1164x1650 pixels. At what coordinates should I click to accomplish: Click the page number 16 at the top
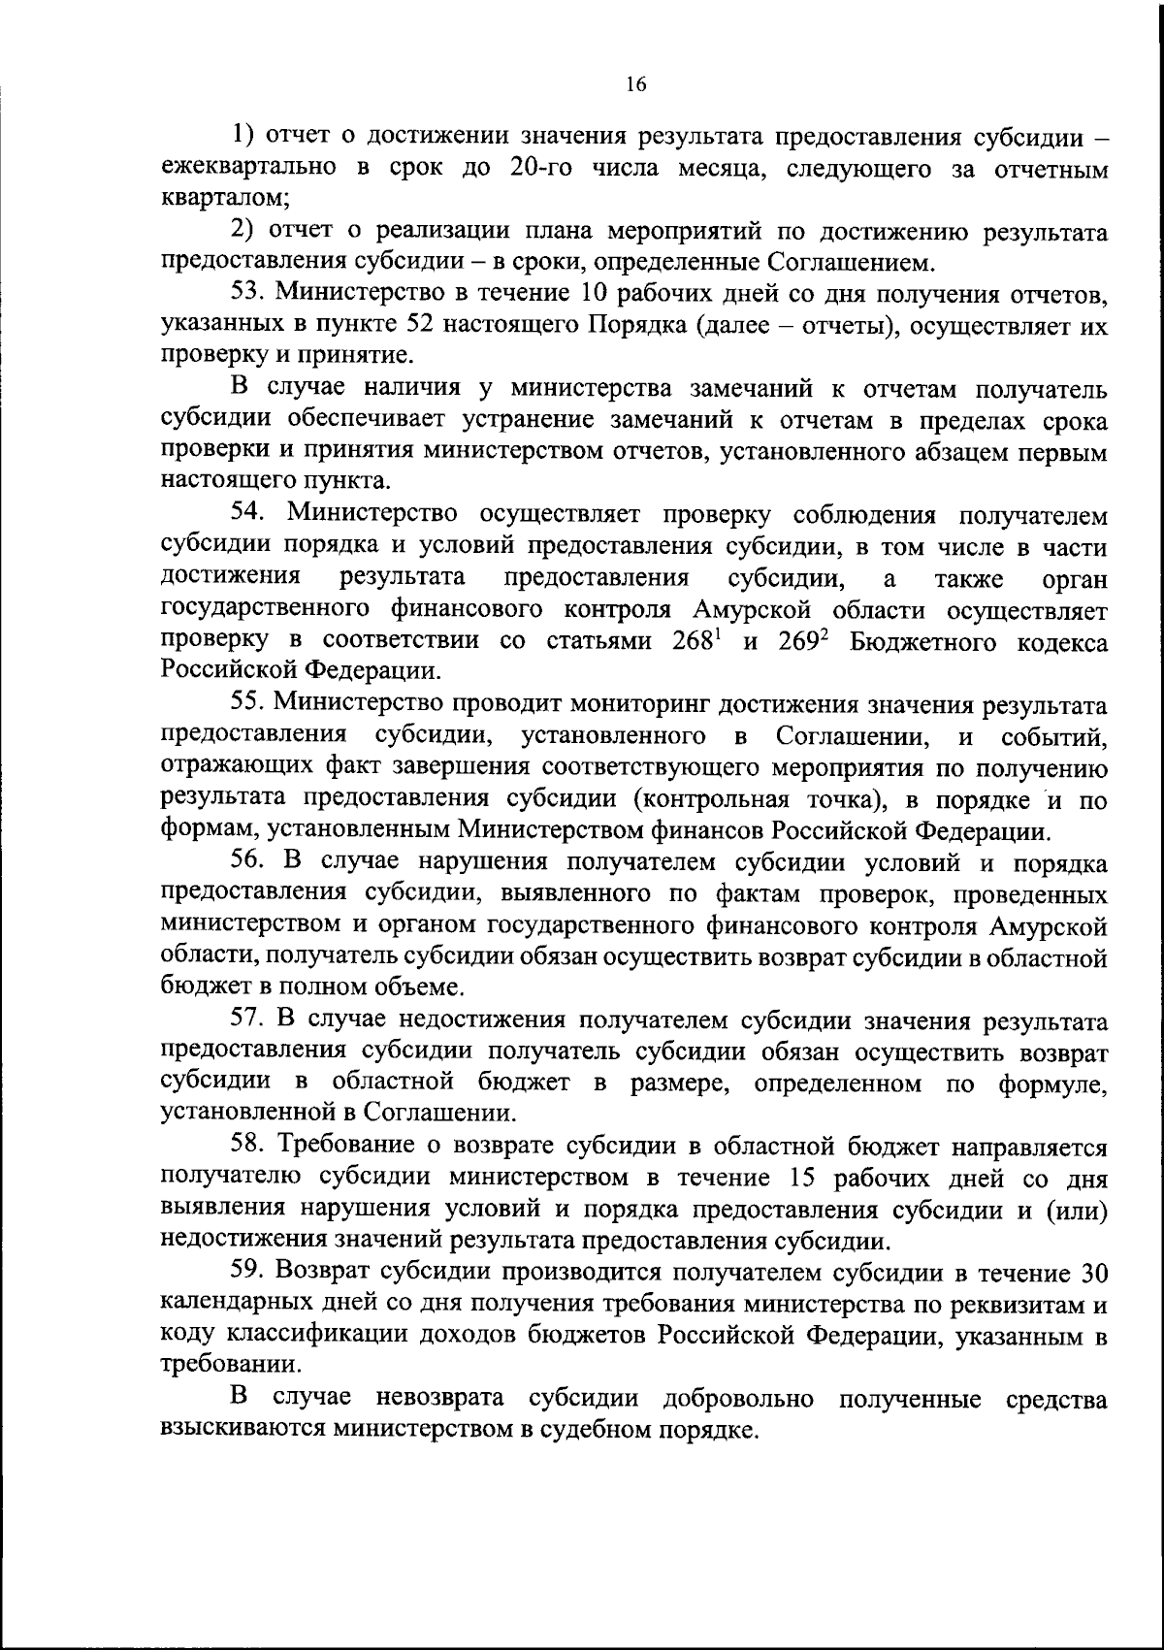point(634,84)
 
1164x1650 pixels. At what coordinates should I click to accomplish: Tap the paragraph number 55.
point(249,702)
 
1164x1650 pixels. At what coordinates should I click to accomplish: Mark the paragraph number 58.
point(249,1147)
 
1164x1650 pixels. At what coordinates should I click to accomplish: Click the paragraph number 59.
point(249,1273)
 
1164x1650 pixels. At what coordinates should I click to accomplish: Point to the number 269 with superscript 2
point(801,642)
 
